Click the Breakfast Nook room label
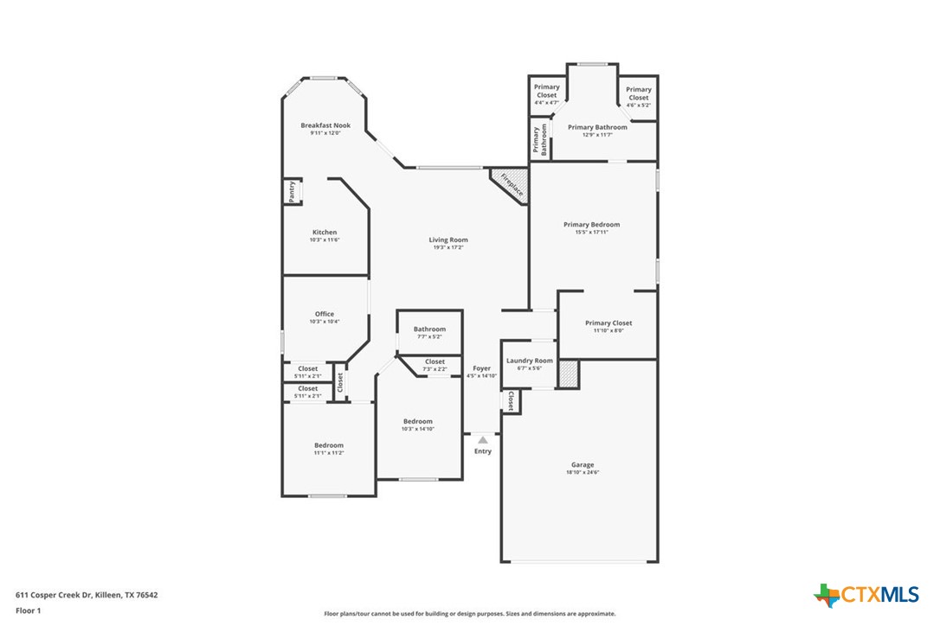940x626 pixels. [x=325, y=125]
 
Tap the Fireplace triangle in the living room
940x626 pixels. [x=509, y=184]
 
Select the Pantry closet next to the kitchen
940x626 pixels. [x=292, y=192]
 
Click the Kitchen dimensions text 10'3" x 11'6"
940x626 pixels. [x=325, y=240]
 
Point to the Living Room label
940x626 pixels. [x=448, y=240]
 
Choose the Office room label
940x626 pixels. [x=325, y=314]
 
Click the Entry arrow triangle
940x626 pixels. [x=483, y=440]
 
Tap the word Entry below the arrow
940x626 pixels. [x=483, y=451]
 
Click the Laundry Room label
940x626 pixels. [x=529, y=361]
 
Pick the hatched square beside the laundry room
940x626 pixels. [x=568, y=374]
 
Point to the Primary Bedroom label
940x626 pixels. [x=591, y=225]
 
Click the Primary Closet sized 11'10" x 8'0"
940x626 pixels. [x=608, y=323]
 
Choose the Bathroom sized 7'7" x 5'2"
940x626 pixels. [x=429, y=329]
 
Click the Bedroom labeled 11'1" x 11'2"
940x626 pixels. [x=329, y=445]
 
